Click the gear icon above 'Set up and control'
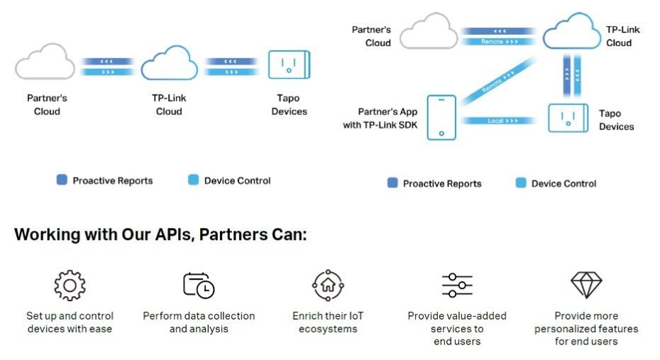(x=70, y=285)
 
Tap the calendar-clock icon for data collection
(x=199, y=285)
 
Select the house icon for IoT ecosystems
(x=328, y=285)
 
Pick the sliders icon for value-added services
(x=457, y=285)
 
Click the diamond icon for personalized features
(x=586, y=285)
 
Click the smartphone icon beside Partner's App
(x=441, y=118)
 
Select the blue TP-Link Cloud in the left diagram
(x=169, y=64)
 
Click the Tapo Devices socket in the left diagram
(x=289, y=65)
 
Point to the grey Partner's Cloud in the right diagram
(x=428, y=33)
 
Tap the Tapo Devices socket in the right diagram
(x=569, y=117)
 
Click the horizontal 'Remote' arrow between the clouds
(x=500, y=42)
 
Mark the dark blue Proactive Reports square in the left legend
(x=62, y=180)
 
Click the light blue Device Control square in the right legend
(x=521, y=183)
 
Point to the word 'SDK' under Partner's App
(x=407, y=126)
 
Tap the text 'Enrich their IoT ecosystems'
(x=328, y=322)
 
